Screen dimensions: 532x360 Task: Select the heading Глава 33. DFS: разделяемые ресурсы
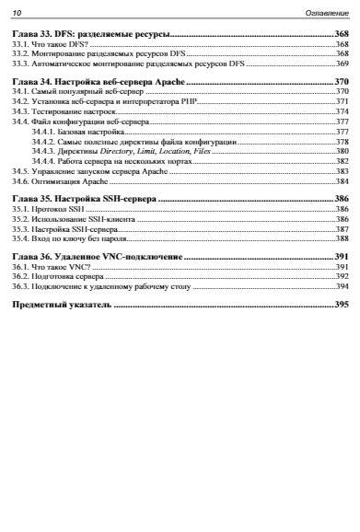pos(87,32)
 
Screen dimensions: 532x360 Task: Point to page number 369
pos(342,64)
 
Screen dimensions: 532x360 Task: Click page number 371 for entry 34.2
pos(342,101)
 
